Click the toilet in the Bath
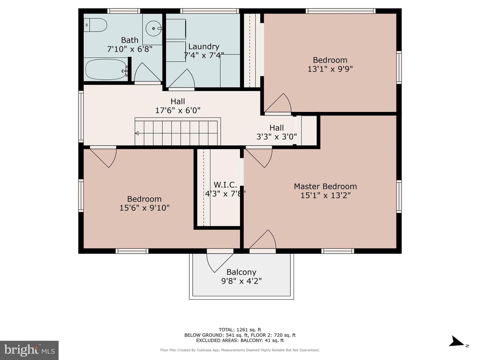[x=95, y=25]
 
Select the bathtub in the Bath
[x=106, y=70]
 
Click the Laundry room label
[x=204, y=47]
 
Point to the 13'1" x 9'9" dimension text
[x=330, y=69]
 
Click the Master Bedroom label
[x=325, y=186]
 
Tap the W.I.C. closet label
[x=225, y=185]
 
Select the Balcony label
[x=241, y=272]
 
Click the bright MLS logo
[x=29, y=350]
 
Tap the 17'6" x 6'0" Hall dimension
[x=178, y=110]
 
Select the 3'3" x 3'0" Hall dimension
[x=277, y=137]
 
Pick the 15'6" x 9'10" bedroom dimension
[x=144, y=208]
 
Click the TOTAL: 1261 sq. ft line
[x=240, y=330]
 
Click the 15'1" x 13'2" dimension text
[x=325, y=195]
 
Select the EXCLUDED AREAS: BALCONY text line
[x=240, y=340]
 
